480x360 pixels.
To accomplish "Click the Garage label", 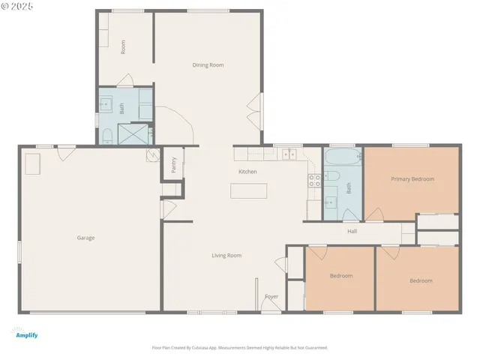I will point(85,238).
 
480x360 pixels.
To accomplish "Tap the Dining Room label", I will point(208,65).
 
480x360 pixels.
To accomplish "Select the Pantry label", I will point(173,165).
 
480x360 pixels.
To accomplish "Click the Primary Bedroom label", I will point(412,179).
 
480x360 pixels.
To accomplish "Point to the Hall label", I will point(352,231).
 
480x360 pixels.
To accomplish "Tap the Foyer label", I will point(271,296).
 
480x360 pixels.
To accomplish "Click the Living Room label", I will point(226,256).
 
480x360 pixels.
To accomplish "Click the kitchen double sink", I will point(289,154).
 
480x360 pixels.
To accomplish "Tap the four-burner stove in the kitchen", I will point(315,179).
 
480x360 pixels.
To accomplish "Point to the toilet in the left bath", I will point(106,135).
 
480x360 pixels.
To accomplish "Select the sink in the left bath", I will point(105,104).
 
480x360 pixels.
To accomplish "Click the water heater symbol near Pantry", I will point(153,155).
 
